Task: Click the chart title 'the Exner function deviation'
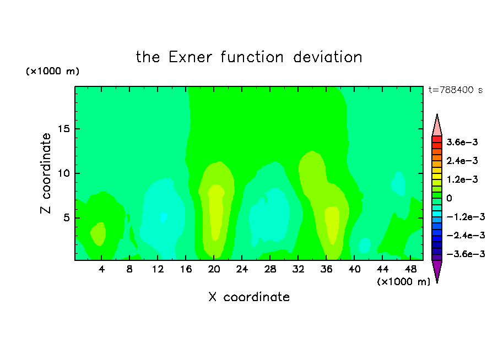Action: pos(249,57)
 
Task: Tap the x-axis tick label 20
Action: pos(214,269)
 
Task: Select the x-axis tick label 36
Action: pos(326,269)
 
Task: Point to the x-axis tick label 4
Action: pos(101,269)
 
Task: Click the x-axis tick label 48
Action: pos(410,269)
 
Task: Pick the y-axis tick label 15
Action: pos(63,129)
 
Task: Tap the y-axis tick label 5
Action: pos(66,218)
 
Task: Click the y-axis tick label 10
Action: pos(63,173)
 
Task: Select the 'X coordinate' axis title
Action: pos(249,297)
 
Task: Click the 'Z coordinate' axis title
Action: pos(46,173)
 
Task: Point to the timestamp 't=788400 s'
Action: pos(456,90)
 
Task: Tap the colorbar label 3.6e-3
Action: pos(462,142)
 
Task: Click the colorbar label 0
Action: pos(449,198)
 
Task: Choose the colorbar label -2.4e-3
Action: pos(466,236)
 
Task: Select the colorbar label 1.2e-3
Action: pos(462,179)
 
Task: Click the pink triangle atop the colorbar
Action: pos(437,127)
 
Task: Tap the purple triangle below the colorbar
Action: pos(437,270)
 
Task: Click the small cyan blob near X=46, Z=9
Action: pos(398,183)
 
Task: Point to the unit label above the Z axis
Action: pos(52,71)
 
